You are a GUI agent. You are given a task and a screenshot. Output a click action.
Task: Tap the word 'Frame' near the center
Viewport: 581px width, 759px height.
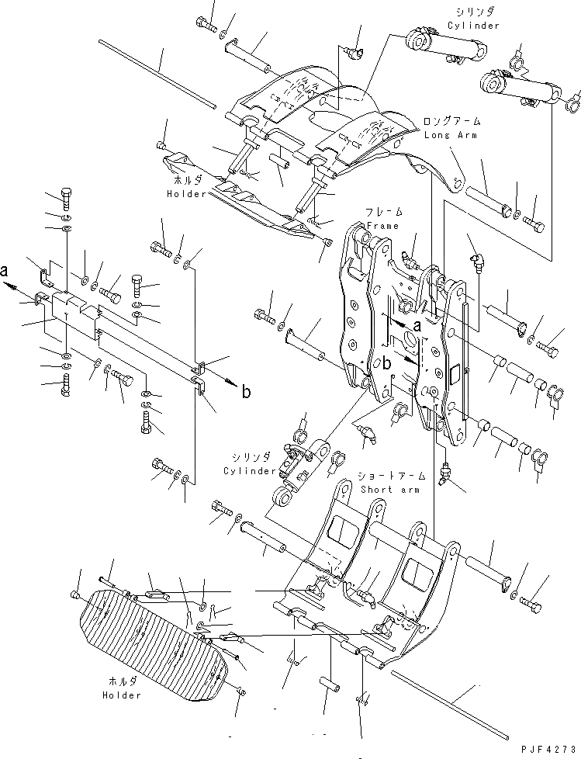point(384,226)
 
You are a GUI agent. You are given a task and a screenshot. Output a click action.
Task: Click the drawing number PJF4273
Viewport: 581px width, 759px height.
point(545,750)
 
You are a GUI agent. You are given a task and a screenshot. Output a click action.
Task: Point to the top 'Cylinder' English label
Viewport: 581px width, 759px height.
point(472,26)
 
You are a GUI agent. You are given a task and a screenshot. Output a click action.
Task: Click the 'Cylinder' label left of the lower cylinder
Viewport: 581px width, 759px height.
point(251,471)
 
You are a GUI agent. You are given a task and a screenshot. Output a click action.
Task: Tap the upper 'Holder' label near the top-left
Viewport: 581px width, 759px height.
point(185,194)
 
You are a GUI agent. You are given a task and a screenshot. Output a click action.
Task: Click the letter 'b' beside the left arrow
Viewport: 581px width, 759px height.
point(245,392)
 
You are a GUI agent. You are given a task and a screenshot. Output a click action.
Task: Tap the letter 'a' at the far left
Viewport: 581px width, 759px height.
point(6,272)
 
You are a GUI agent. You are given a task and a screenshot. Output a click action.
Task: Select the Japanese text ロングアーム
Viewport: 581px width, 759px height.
point(452,122)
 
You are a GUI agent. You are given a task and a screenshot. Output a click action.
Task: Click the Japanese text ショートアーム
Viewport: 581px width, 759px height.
point(389,476)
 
